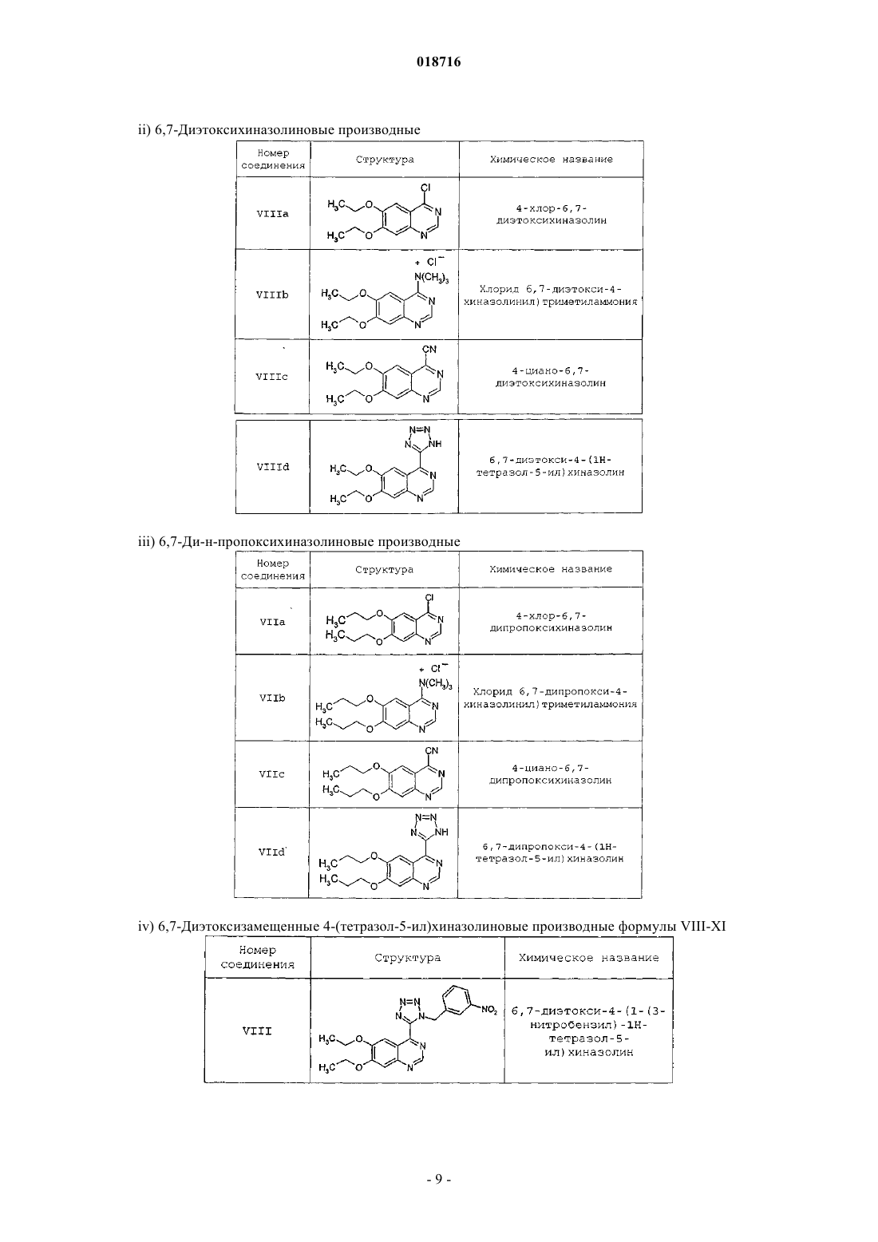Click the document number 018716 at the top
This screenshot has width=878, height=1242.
(x=438, y=61)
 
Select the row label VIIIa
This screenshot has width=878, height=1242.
(x=273, y=213)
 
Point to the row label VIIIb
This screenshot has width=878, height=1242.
(x=272, y=295)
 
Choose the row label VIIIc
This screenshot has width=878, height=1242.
(x=271, y=377)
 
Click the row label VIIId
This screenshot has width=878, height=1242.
(x=273, y=467)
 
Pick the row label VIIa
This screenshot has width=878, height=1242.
(x=273, y=622)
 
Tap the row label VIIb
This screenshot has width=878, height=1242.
(x=272, y=698)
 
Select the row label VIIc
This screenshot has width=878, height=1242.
(x=271, y=774)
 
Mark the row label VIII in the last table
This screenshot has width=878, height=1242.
(x=257, y=1031)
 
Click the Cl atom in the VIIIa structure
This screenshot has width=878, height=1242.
(x=425, y=188)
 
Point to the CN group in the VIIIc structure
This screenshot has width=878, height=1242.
(x=429, y=350)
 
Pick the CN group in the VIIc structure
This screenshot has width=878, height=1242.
(x=431, y=751)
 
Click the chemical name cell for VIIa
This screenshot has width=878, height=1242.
(x=551, y=622)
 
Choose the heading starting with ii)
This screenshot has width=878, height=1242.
(x=279, y=130)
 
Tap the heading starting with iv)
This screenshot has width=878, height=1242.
(x=432, y=926)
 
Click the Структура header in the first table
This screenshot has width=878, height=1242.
(x=385, y=160)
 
